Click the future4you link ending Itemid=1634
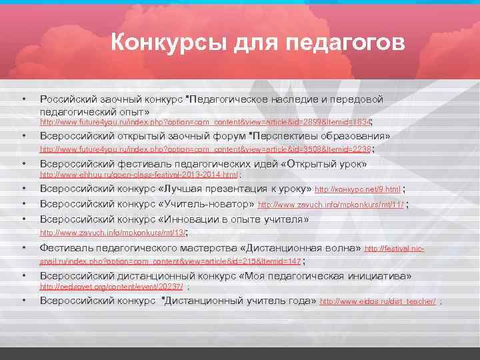(x=204, y=123)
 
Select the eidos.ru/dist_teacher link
(x=378, y=302)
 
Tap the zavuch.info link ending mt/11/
(x=331, y=205)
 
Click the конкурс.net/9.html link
(x=357, y=190)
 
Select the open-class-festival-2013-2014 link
(x=139, y=175)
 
